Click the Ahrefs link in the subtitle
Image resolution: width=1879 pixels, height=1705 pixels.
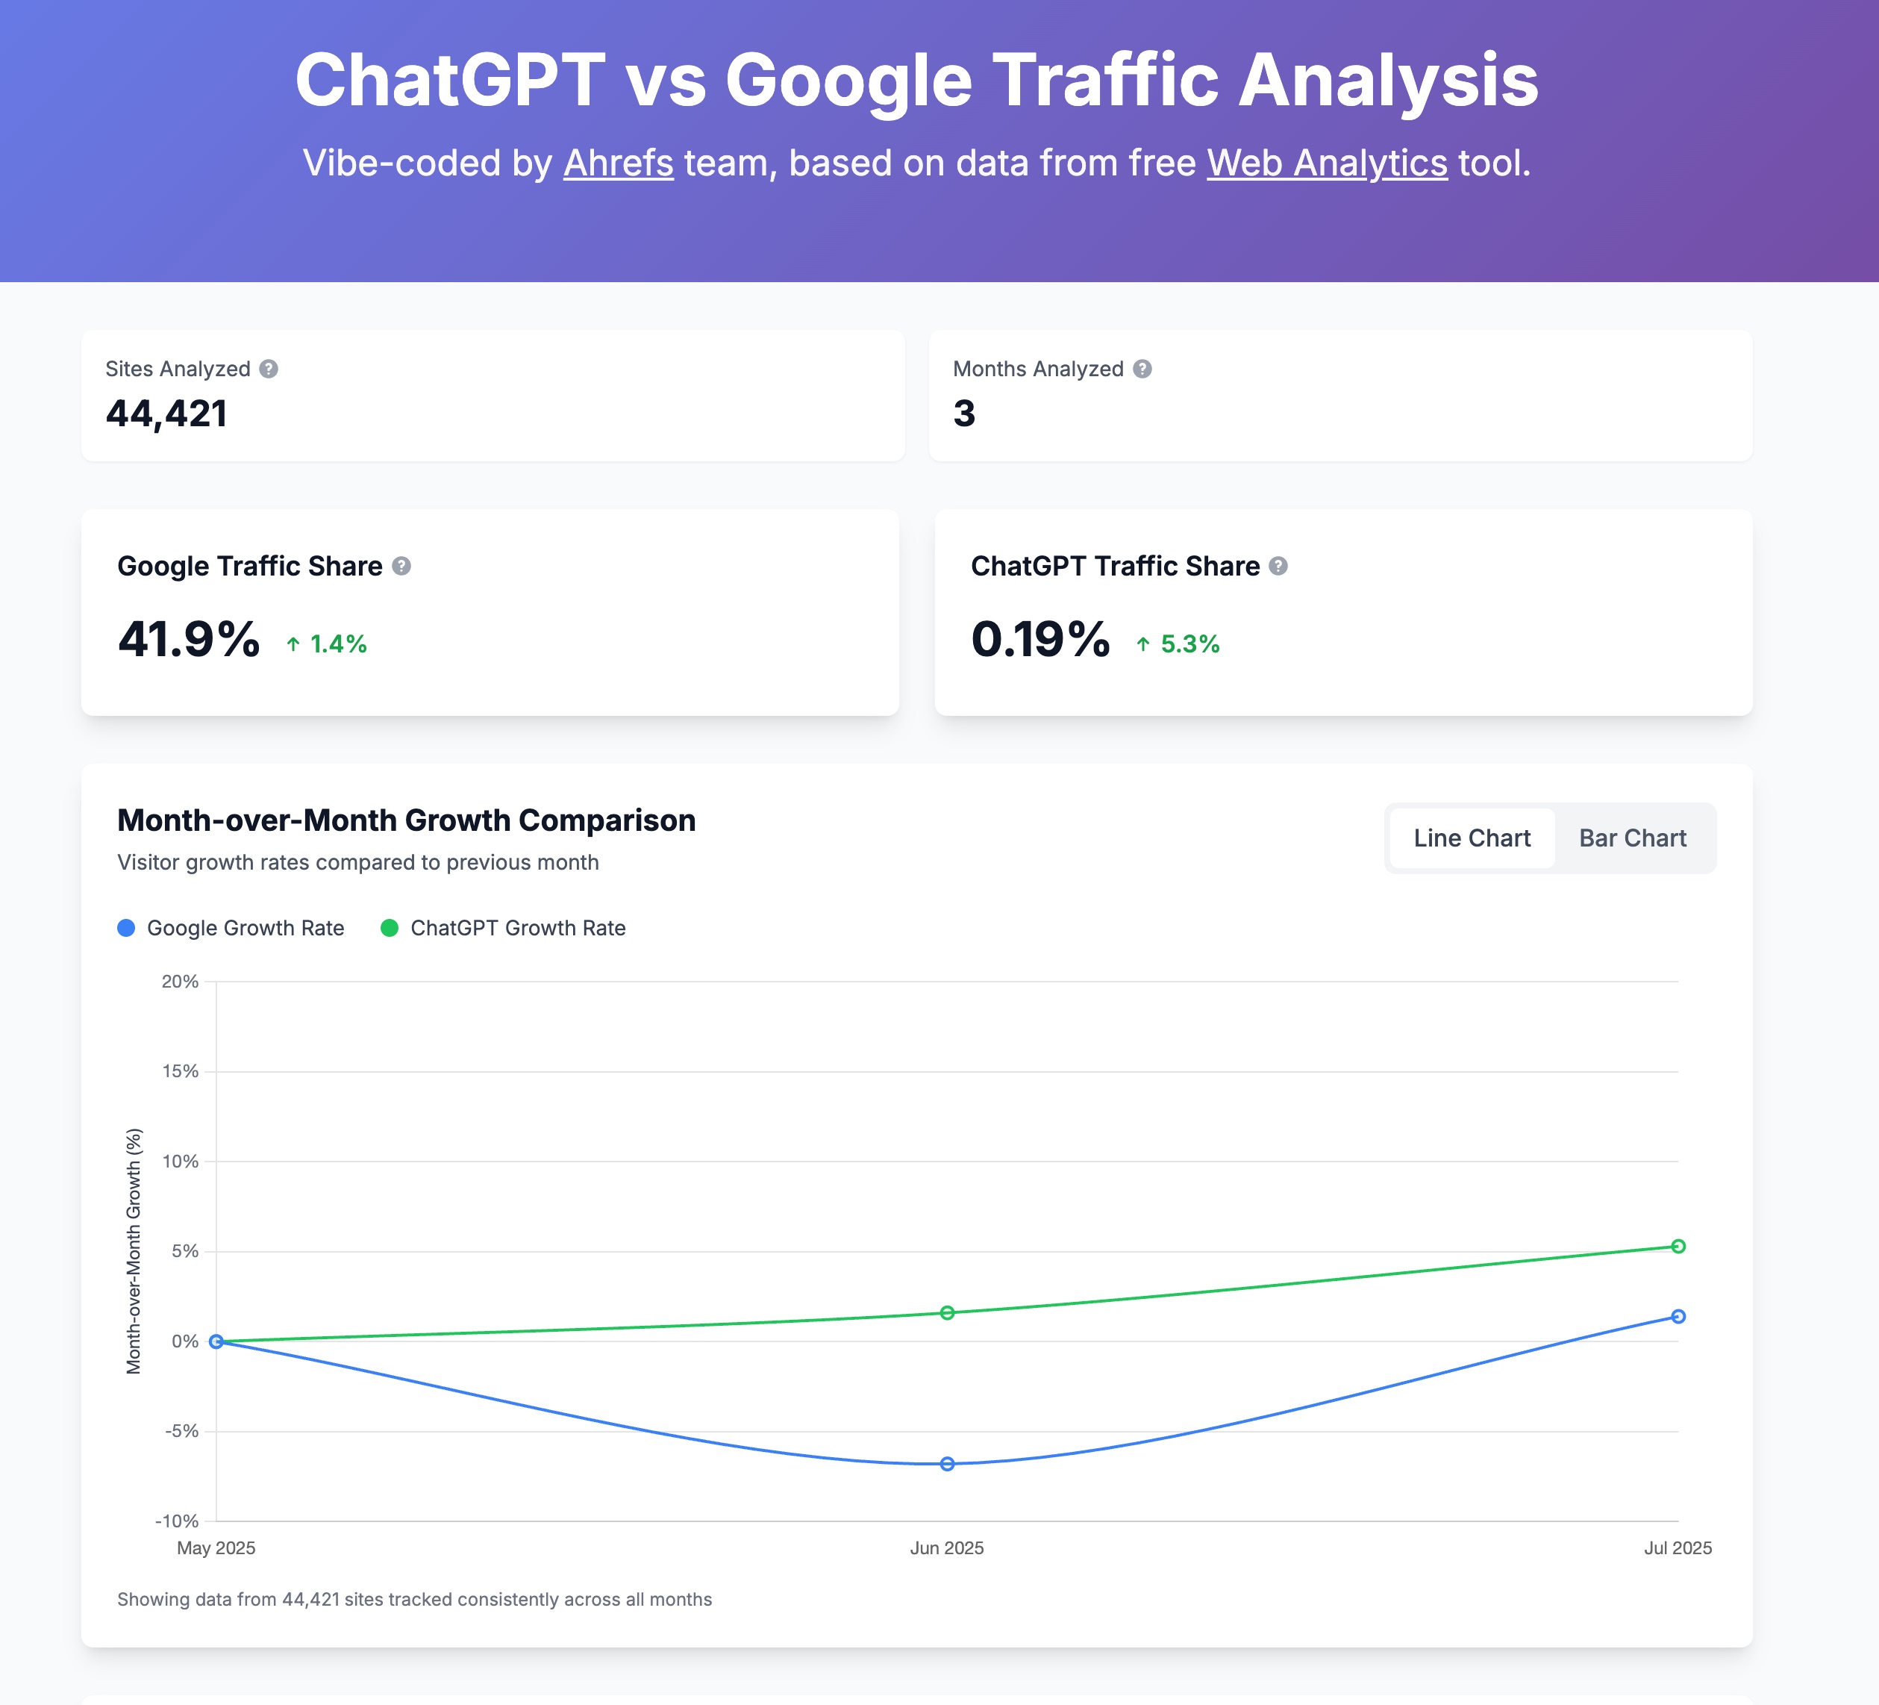click(x=618, y=163)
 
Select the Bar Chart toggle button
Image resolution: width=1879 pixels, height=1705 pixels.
click(x=1632, y=838)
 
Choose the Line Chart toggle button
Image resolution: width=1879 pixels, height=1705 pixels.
click(x=1472, y=838)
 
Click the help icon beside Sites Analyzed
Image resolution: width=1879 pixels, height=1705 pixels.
click(x=269, y=370)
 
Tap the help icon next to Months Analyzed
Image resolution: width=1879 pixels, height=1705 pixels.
click(x=1142, y=370)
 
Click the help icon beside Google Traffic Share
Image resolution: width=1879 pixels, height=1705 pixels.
click(x=401, y=566)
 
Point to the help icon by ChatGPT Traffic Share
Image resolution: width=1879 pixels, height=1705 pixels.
click(x=1278, y=566)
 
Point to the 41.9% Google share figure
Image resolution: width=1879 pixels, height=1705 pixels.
click(x=188, y=640)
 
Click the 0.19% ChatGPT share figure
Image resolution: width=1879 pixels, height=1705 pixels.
click(x=1040, y=640)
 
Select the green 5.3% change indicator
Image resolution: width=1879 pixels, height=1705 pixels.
click(x=1178, y=644)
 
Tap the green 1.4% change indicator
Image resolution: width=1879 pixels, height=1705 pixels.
click(x=326, y=644)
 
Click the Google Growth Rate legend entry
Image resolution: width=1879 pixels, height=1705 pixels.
click(x=231, y=928)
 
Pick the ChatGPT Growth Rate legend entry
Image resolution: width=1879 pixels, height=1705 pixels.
click(x=503, y=928)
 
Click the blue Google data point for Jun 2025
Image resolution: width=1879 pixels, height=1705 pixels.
click(x=947, y=1464)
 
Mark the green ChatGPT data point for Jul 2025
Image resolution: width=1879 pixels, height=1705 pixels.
click(x=1678, y=1247)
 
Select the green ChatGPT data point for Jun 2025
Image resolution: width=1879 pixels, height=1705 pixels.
click(x=947, y=1312)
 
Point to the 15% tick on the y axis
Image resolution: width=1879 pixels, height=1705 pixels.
click(x=181, y=1071)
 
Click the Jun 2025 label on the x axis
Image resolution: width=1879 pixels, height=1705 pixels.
click(x=947, y=1547)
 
